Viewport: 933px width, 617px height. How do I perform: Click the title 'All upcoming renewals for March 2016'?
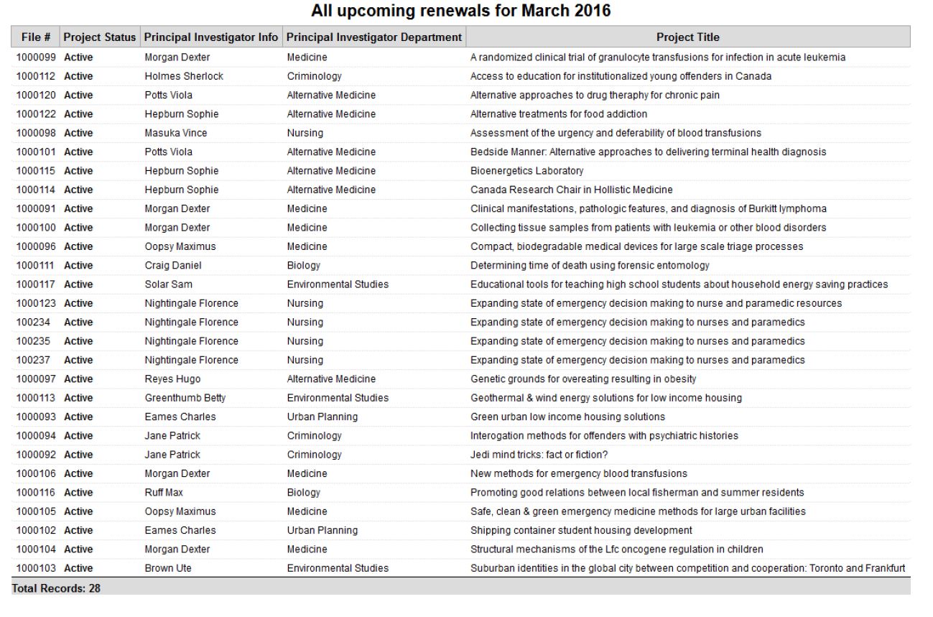(x=461, y=11)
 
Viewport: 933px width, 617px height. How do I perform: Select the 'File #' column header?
(x=36, y=37)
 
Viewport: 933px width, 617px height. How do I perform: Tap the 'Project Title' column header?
(x=687, y=37)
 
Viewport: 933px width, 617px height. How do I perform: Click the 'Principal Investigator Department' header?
(x=374, y=37)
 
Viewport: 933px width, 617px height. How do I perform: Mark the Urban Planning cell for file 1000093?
(x=322, y=417)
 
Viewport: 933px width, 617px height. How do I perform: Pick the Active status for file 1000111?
(x=78, y=266)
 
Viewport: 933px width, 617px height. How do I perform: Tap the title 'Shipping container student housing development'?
(x=581, y=530)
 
